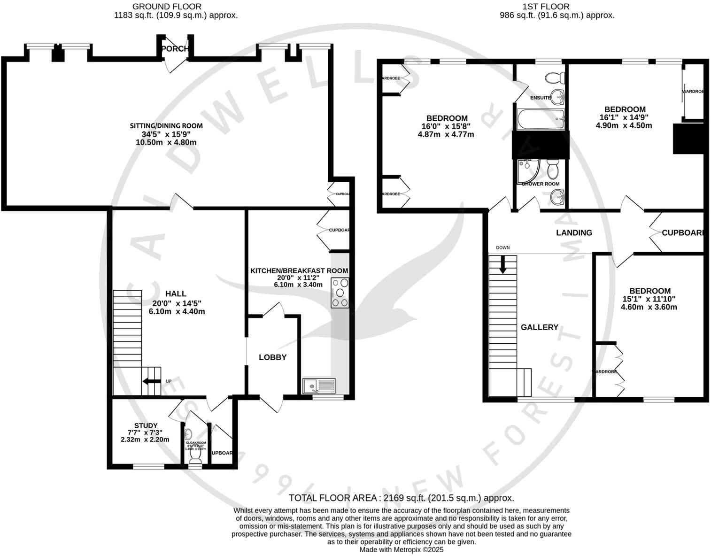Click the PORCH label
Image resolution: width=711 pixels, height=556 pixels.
tap(175, 49)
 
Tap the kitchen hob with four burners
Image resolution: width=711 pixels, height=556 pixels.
tap(340, 293)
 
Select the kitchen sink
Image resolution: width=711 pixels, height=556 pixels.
tap(319, 386)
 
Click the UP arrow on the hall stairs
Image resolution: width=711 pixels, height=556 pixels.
tap(151, 381)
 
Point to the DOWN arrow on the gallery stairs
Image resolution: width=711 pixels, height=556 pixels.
tap(503, 264)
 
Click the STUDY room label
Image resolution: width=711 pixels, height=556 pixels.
tap(146, 425)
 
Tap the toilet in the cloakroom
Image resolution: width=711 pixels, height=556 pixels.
tap(194, 461)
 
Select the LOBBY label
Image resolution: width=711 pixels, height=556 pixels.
tap(272, 357)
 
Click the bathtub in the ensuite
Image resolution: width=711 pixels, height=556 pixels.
tap(541, 119)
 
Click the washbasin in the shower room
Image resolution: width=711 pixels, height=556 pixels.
tap(557, 196)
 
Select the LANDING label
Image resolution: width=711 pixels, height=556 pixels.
tap(574, 232)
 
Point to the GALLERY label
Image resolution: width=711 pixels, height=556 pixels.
tap(539, 327)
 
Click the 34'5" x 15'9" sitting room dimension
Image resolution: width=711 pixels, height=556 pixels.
tap(166, 134)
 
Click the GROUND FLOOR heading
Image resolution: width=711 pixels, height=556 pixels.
tap(167, 7)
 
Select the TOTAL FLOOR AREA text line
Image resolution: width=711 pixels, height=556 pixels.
tap(401, 498)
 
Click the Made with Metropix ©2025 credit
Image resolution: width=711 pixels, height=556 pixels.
tap(401, 549)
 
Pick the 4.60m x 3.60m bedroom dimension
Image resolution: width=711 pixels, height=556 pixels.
tap(649, 307)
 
